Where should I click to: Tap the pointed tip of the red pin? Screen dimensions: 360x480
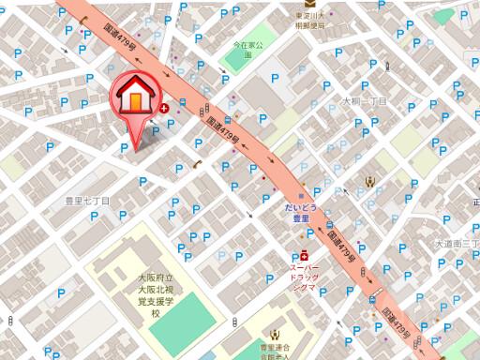(x=137, y=148)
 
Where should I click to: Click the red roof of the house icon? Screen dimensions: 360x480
(x=137, y=85)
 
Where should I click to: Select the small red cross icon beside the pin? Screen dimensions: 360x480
(x=165, y=109)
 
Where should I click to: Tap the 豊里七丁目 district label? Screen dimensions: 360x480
(x=87, y=201)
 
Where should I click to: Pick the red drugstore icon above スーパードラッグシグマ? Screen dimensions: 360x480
(x=305, y=254)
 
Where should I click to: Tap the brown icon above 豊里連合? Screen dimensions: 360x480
(x=275, y=334)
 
